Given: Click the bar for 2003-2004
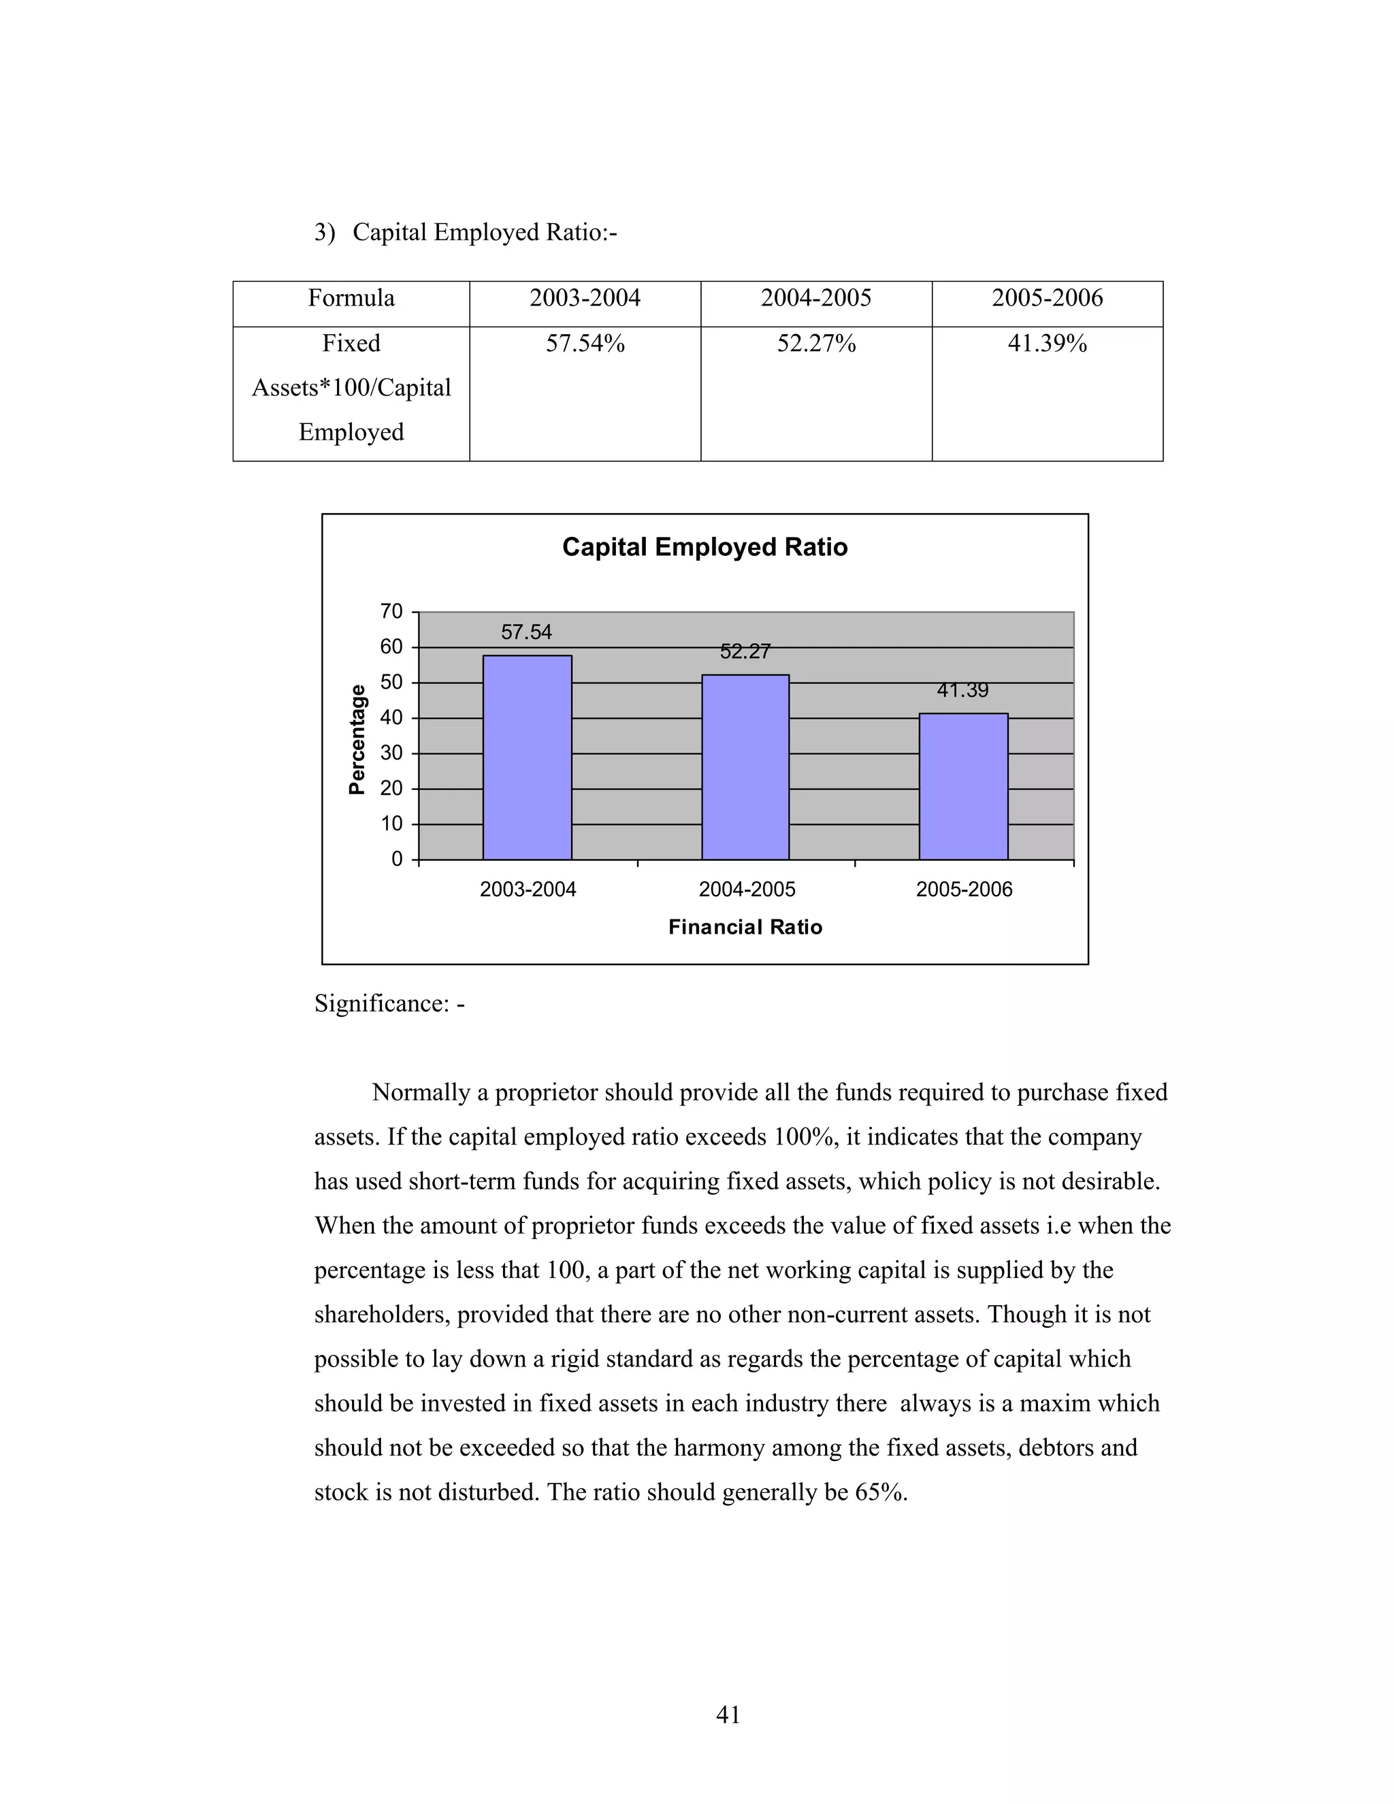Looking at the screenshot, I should tap(528, 757).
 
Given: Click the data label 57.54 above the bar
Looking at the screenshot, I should tap(526, 632).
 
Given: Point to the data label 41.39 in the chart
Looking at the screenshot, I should tap(962, 690).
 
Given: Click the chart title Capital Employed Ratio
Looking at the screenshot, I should tap(705, 547).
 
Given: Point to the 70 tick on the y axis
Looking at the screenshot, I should tap(391, 611).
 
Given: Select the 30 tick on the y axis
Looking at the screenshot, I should tap(391, 753).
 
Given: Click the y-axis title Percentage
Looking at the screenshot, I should tap(357, 739).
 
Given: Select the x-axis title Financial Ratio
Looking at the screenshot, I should tap(745, 927).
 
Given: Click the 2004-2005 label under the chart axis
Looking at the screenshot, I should tap(747, 889).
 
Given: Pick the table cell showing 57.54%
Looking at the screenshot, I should tap(585, 344).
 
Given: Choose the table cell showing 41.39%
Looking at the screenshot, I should tap(1047, 344).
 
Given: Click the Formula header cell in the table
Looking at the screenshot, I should tap(351, 298).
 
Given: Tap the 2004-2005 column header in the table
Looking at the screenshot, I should tap(815, 298).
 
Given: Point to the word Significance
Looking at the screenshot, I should tap(381, 1004).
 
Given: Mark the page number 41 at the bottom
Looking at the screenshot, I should tap(728, 1715).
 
